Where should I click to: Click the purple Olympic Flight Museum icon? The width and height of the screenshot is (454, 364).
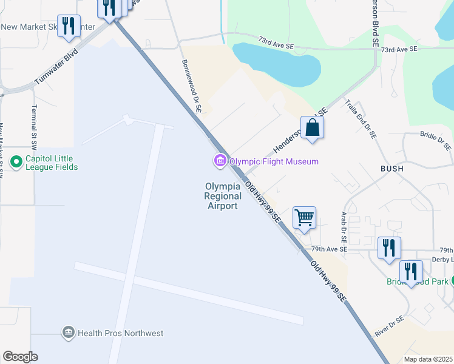(x=219, y=161)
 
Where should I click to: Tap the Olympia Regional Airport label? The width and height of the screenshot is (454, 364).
(x=223, y=196)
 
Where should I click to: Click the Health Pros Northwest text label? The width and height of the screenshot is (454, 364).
(x=120, y=332)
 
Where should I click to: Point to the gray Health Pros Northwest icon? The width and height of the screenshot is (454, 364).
(x=68, y=332)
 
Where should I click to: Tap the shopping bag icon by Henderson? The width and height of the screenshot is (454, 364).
(x=312, y=128)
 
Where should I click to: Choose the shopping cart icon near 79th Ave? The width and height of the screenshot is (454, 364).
(x=304, y=217)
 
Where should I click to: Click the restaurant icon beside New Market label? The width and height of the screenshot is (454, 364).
(x=69, y=25)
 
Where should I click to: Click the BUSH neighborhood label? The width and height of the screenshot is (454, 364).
(x=391, y=168)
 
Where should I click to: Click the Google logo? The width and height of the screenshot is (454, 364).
(x=20, y=357)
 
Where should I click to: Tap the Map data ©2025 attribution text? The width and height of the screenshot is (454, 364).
(x=428, y=359)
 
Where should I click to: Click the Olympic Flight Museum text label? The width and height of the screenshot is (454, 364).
(x=273, y=161)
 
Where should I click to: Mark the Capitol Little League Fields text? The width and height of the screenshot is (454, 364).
(x=52, y=162)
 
